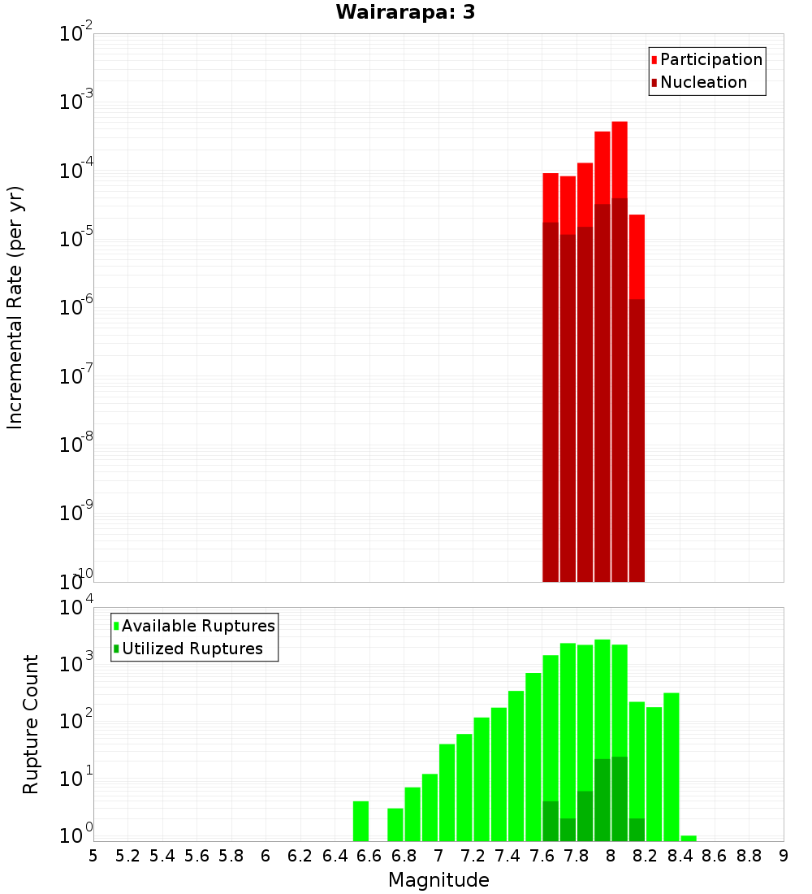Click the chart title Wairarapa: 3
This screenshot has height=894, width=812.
[x=405, y=12]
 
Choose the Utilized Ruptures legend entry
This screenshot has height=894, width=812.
[x=192, y=649]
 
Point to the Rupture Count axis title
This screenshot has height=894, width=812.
[x=31, y=724]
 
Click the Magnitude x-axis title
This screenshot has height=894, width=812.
[x=438, y=879]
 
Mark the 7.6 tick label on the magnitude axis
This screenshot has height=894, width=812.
[x=542, y=855]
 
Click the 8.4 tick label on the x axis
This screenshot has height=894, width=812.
[x=680, y=855]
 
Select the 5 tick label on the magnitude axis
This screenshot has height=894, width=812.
[x=93, y=855]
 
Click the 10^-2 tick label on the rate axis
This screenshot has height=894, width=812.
[x=75, y=34]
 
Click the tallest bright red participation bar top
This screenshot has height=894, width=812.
[x=620, y=124]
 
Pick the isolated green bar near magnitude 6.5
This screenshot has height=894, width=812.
[x=361, y=821]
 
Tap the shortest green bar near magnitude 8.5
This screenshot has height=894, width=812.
[x=689, y=838]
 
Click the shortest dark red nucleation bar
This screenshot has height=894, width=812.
[x=637, y=439]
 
